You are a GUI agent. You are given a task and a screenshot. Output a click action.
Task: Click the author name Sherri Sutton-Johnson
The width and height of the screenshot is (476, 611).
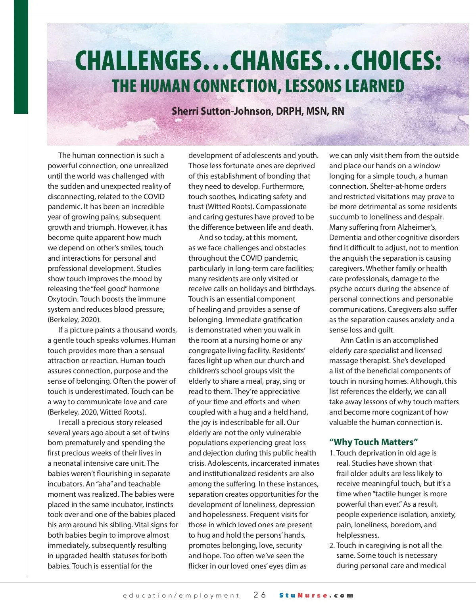(222, 111)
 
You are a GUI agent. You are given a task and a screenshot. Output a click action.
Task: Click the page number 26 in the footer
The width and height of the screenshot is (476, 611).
(260, 595)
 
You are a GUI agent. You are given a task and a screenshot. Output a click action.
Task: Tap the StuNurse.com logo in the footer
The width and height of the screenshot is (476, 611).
(316, 595)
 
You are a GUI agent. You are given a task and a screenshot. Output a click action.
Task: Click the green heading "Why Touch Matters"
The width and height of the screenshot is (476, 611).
(374, 442)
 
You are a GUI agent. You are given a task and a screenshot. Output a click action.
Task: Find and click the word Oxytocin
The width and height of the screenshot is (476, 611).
(63, 299)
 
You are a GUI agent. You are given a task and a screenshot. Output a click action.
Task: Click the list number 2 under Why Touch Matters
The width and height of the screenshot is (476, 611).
(332, 546)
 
